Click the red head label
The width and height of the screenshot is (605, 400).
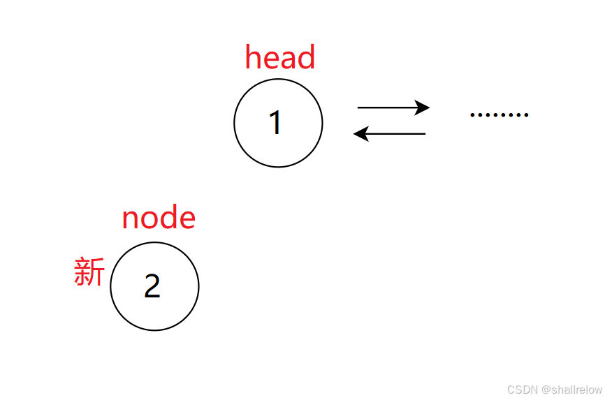coord(280,57)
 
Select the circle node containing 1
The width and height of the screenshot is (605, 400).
coord(278,123)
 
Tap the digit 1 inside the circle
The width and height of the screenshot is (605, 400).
coord(276,123)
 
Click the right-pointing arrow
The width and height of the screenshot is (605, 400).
coord(393,108)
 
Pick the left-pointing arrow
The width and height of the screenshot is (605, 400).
coord(390,133)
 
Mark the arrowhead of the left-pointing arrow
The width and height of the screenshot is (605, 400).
coord(360,133)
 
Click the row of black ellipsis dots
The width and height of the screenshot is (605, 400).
coord(500,114)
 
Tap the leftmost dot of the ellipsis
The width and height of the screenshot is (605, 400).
coord(473,114)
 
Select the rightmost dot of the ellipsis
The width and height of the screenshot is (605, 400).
coord(526,114)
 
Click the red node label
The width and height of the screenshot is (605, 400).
coord(159,218)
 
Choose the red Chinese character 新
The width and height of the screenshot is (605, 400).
coord(89,272)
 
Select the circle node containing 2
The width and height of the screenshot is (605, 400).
coord(154,286)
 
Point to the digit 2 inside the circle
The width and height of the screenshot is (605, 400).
coord(152,286)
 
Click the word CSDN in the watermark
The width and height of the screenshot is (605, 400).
coord(521,390)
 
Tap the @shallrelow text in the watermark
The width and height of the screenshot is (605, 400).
coord(571,390)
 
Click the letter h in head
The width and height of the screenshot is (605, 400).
coord(253,57)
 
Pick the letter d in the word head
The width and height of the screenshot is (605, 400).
coord(307,57)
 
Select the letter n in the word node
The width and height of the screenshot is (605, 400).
coord(130,220)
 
